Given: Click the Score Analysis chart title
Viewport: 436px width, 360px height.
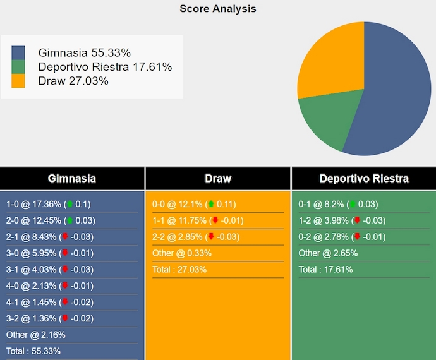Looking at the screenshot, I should click(x=217, y=9).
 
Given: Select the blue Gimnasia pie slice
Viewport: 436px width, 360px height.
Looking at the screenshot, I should click(x=395, y=95).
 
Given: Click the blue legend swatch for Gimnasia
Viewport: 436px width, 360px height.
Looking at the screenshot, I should click(x=18, y=52).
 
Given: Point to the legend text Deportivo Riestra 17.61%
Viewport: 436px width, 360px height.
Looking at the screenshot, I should click(x=105, y=67).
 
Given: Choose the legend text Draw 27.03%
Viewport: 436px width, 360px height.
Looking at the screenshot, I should click(x=73, y=81).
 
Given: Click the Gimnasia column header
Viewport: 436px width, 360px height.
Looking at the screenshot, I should click(x=72, y=179).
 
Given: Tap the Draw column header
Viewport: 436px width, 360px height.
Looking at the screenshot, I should click(x=218, y=179).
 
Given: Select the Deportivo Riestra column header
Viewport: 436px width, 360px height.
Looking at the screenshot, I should click(x=364, y=179).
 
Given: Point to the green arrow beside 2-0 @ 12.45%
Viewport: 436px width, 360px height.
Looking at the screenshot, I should click(x=70, y=220).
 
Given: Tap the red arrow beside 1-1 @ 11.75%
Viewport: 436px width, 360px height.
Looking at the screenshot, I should click(x=215, y=220).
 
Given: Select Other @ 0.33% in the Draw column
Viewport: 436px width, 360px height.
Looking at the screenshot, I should click(x=182, y=253).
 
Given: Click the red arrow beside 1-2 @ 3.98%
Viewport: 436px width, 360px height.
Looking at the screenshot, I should click(x=357, y=220).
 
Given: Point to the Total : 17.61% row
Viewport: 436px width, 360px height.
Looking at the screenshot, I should click(x=326, y=270).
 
